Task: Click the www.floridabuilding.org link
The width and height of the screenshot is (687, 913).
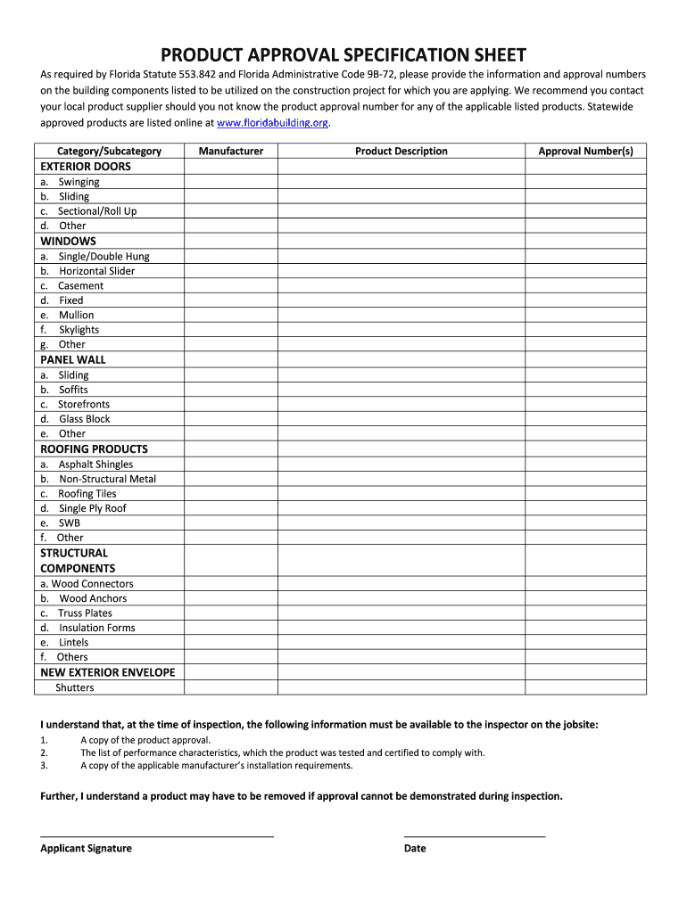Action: [273, 123]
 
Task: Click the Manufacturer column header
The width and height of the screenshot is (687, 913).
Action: [230, 151]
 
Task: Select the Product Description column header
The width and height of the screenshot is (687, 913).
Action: [401, 151]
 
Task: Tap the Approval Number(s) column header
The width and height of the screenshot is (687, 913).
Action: [585, 151]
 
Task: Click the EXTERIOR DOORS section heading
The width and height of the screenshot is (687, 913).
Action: [86, 167]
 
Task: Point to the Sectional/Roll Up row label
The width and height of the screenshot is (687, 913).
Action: [97, 211]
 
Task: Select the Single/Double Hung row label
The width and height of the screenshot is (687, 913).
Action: [103, 256]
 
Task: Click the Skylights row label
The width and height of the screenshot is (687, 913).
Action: [79, 330]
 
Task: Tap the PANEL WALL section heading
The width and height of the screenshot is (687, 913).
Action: [73, 359]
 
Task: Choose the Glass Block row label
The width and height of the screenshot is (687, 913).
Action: [85, 419]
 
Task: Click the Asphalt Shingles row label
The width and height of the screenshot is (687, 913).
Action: [95, 465]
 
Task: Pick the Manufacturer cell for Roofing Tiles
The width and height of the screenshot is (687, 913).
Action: [230, 494]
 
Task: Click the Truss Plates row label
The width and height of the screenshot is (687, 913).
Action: [85, 613]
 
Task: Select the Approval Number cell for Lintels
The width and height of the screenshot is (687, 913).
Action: [585, 642]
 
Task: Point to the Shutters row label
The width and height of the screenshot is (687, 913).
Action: [74, 687]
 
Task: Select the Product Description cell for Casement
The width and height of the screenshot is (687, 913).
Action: [401, 285]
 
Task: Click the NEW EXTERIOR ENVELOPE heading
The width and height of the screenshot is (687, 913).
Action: [108, 672]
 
